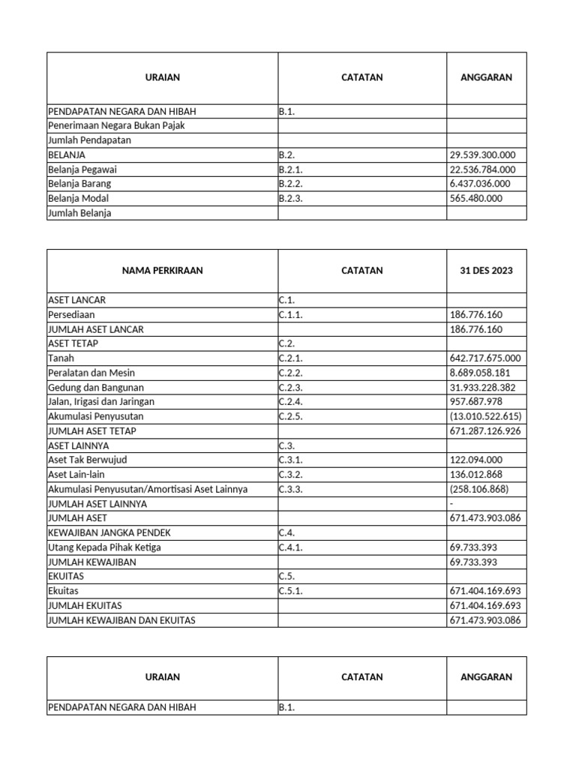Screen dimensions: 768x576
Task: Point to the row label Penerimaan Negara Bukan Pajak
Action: click(115, 126)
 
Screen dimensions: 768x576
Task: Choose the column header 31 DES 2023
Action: click(486, 271)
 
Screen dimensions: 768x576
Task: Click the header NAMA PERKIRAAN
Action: click(162, 271)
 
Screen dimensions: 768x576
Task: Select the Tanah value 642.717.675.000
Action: click(484, 358)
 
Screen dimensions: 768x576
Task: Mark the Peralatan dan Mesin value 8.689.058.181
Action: click(480, 373)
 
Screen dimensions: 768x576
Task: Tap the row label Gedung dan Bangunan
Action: click(95, 388)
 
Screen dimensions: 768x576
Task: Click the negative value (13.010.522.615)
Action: click(484, 416)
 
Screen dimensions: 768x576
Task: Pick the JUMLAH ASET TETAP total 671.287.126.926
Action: click(484, 431)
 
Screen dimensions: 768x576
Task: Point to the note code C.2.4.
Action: click(290, 402)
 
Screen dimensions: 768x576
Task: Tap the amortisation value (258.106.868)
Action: click(478, 489)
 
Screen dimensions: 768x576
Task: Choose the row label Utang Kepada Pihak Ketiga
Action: click(104, 547)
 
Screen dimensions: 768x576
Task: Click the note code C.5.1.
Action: click(290, 591)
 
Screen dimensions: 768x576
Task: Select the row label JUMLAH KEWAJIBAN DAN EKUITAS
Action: click(126, 620)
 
